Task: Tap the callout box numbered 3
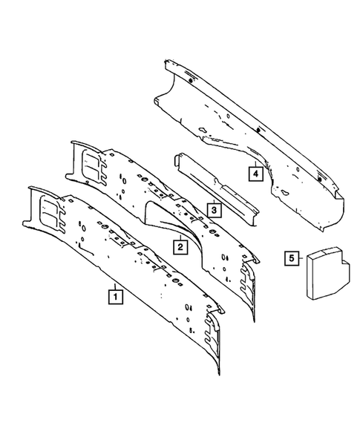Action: pyautogui.click(x=213, y=210)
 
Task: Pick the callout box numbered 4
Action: pyautogui.click(x=255, y=174)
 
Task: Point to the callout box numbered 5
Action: pyautogui.click(x=292, y=258)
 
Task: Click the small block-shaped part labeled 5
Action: pyautogui.click(x=324, y=271)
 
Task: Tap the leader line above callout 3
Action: pyautogui.click(x=213, y=197)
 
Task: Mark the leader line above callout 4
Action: pyautogui.click(x=255, y=160)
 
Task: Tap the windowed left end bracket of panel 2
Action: pyautogui.click(x=87, y=162)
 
